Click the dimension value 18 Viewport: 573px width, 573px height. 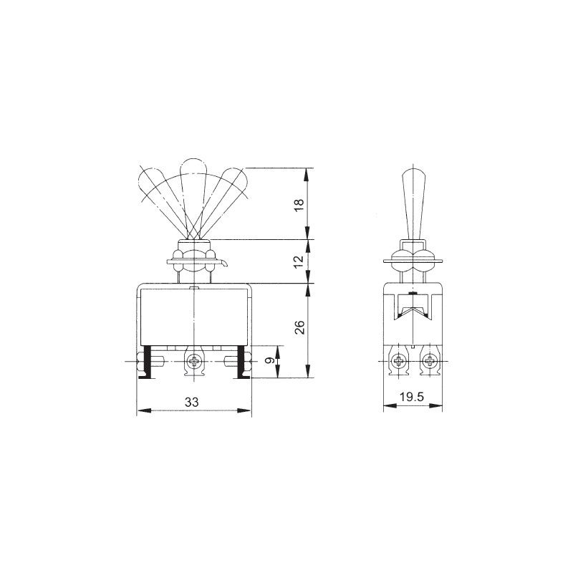299,205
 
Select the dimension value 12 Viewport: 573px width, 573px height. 299,261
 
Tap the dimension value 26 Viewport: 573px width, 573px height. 299,327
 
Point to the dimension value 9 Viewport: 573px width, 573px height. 270,361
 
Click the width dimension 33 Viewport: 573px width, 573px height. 191,402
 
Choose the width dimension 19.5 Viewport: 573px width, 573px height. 411,397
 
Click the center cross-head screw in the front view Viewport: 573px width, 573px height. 194,362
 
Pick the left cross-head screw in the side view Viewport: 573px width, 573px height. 398,362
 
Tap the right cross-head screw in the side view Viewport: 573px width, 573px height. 428,362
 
